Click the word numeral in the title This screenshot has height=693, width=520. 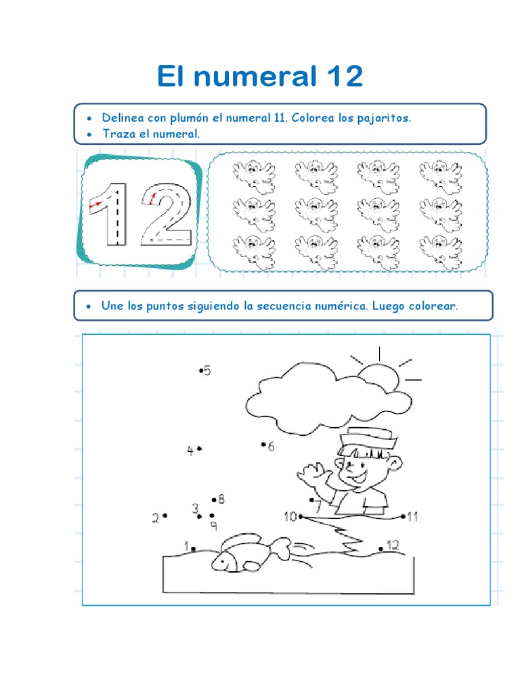255,76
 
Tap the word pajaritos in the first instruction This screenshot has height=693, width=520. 384,118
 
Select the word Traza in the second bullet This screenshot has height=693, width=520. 119,133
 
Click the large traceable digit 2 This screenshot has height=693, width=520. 167,215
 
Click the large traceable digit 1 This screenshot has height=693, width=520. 109,215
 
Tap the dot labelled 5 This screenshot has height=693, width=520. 200,370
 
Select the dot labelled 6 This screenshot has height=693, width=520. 263,444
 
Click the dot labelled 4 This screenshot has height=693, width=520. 200,449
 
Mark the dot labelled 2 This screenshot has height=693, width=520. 165,515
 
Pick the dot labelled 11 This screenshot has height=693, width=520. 404,516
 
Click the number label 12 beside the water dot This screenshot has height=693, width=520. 393,545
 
